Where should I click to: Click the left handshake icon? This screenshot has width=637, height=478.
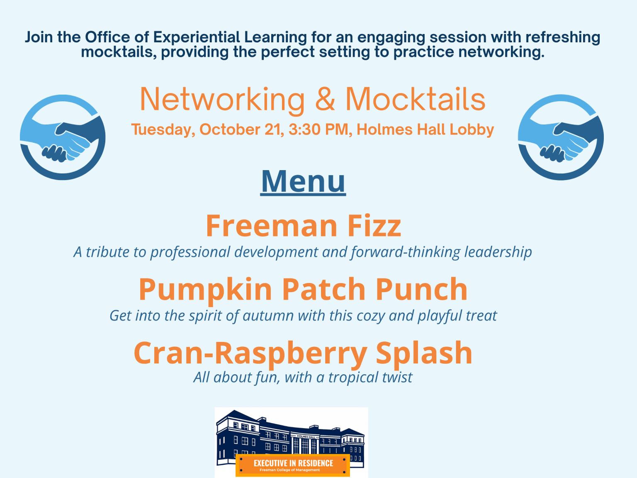pyautogui.click(x=63, y=138)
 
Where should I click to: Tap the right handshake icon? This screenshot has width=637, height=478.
pyautogui.click(x=561, y=138)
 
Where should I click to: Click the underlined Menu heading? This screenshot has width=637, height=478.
pyautogui.click(x=303, y=181)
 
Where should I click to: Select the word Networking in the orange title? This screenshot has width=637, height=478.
pyautogui.click(x=222, y=100)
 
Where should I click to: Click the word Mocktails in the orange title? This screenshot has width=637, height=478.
pyautogui.click(x=415, y=100)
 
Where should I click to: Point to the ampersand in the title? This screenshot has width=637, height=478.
pyautogui.click(x=325, y=100)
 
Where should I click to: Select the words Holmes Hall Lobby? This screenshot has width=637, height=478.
pyautogui.click(x=425, y=129)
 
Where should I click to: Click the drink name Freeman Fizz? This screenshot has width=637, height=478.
pyautogui.click(x=303, y=226)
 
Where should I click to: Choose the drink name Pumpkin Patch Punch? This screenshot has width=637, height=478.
pyautogui.click(x=303, y=289)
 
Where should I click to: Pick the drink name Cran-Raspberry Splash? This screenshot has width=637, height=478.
pyautogui.click(x=303, y=353)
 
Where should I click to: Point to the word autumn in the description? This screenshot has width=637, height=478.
pyautogui.click(x=268, y=316)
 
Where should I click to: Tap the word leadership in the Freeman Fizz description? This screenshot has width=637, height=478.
pyautogui.click(x=498, y=252)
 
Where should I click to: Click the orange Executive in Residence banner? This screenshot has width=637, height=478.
pyautogui.click(x=293, y=465)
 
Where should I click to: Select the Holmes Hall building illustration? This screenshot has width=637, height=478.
pyautogui.click(x=290, y=436)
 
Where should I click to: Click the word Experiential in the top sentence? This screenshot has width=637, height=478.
pyautogui.click(x=197, y=37)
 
